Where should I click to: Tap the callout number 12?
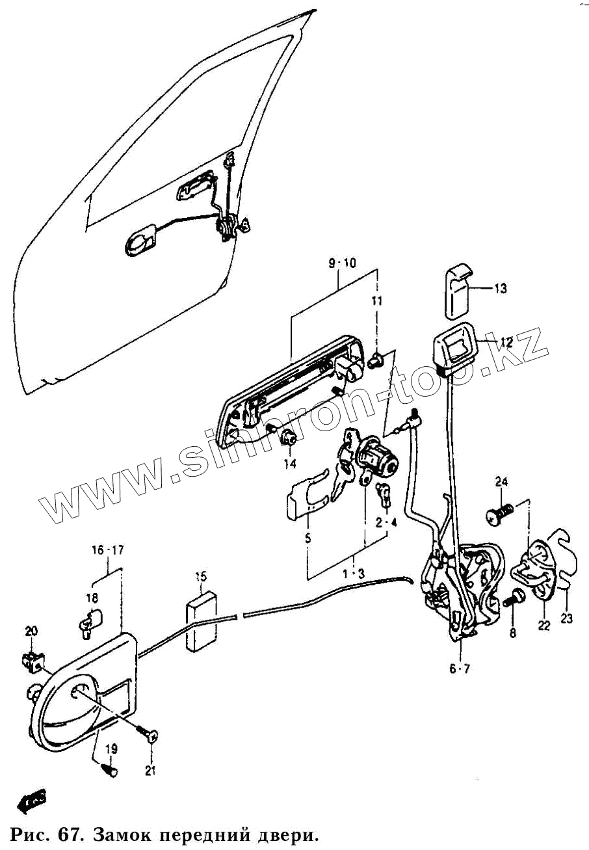[x=506, y=341]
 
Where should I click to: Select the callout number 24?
[x=501, y=482]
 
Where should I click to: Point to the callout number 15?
[x=201, y=576]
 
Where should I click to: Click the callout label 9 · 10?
[x=342, y=263]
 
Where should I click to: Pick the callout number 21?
[x=151, y=771]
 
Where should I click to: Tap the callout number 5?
[x=308, y=538]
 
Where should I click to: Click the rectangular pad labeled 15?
[x=202, y=618]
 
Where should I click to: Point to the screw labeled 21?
[x=150, y=736]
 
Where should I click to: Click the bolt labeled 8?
[x=513, y=596]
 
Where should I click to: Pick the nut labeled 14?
[x=288, y=439]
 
